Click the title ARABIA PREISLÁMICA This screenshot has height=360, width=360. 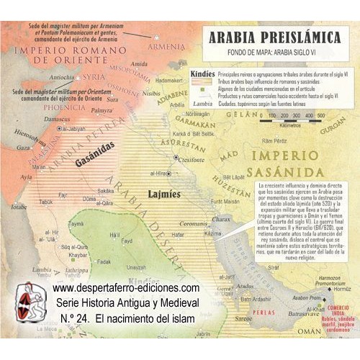click(x=276, y=37)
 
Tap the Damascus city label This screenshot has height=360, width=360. click(x=47, y=116)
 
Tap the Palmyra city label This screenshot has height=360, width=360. click(x=102, y=110)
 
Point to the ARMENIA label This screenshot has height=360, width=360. click(x=166, y=47)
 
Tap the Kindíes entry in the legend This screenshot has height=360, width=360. click(x=204, y=73)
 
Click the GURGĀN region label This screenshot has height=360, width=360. click(x=333, y=124)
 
